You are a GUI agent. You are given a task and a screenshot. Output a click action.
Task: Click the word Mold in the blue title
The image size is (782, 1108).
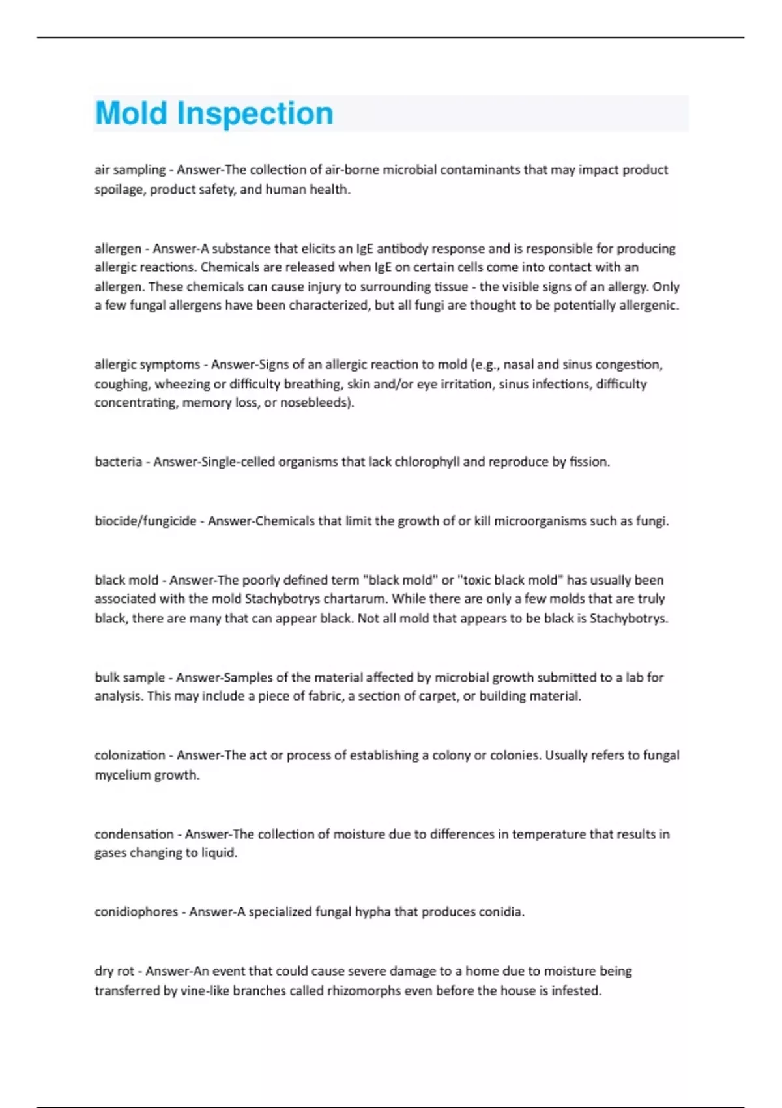[132, 113]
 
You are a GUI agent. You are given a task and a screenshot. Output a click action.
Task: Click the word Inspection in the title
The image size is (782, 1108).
[255, 113]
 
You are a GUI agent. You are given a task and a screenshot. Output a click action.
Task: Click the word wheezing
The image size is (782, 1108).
[180, 384]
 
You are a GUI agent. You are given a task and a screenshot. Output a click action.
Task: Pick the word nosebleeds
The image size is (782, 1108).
[315, 403]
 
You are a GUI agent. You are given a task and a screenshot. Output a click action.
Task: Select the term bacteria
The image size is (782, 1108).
[118, 462]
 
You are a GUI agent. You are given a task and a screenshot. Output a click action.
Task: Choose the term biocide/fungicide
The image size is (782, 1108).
[145, 521]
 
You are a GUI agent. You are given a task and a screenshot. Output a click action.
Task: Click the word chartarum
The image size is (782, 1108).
[354, 599]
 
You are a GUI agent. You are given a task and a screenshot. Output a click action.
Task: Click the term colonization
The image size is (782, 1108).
[130, 755]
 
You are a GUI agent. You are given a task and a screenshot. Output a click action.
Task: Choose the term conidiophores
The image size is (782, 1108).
[136, 912]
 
